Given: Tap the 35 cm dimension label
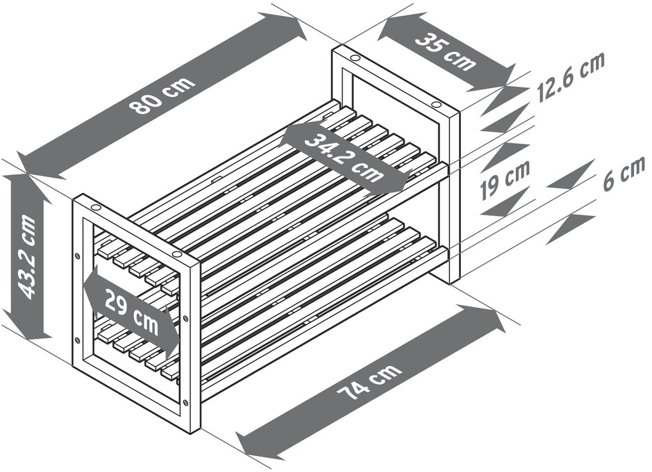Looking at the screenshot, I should tap(446, 50).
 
